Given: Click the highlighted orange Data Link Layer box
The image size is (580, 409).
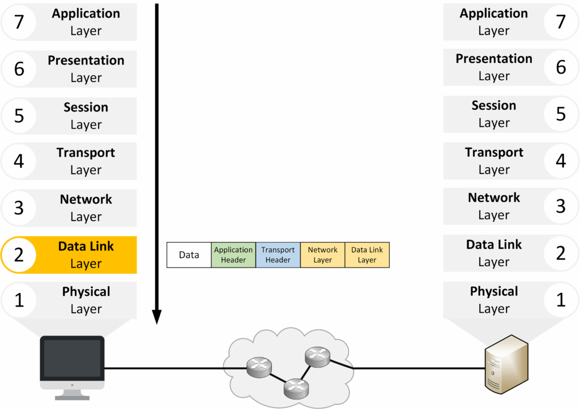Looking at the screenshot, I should coord(85,255).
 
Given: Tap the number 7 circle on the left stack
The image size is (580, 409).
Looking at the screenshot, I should coord(19,23).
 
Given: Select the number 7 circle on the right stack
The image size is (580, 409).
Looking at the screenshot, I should coord(561,22).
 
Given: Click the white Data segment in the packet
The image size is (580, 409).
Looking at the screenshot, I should coord(189,255).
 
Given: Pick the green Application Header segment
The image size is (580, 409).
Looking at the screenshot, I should coord(233,255).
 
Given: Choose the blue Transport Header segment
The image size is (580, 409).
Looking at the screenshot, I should coord(278,255).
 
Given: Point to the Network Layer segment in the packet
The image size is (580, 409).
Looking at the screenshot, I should coord(322,255).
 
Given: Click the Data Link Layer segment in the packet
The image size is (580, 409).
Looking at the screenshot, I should coord(367,255).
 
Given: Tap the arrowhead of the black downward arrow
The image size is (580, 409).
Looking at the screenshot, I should coord(157,317).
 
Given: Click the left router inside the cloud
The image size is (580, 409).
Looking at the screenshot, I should coord(259,368).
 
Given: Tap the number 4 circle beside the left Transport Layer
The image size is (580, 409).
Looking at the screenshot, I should coord(19,162).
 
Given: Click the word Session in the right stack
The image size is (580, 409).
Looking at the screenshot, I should coord(494,106).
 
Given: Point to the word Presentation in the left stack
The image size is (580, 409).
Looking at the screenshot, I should coord(86,61).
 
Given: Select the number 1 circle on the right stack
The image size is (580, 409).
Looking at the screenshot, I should coord(561,300).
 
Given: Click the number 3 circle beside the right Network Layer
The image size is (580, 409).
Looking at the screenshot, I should coord(561,206).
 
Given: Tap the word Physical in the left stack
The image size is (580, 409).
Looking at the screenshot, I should coord(86,292).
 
